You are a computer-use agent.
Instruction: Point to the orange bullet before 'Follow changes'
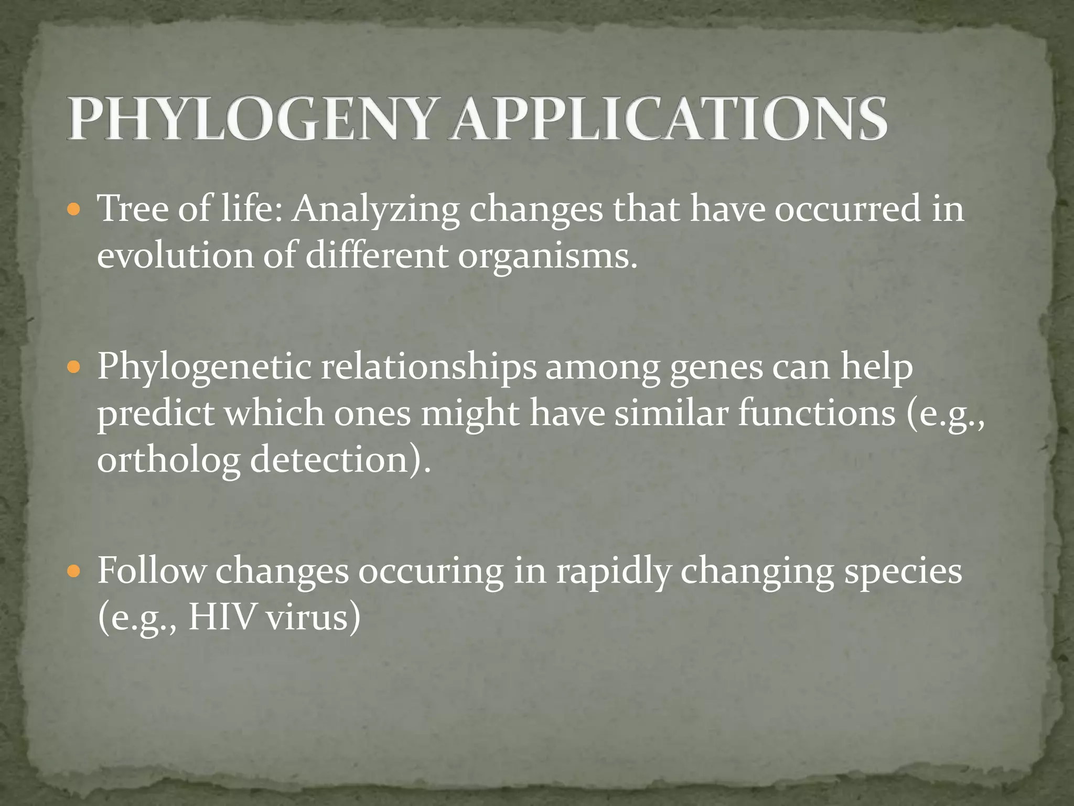[x=74, y=571]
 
